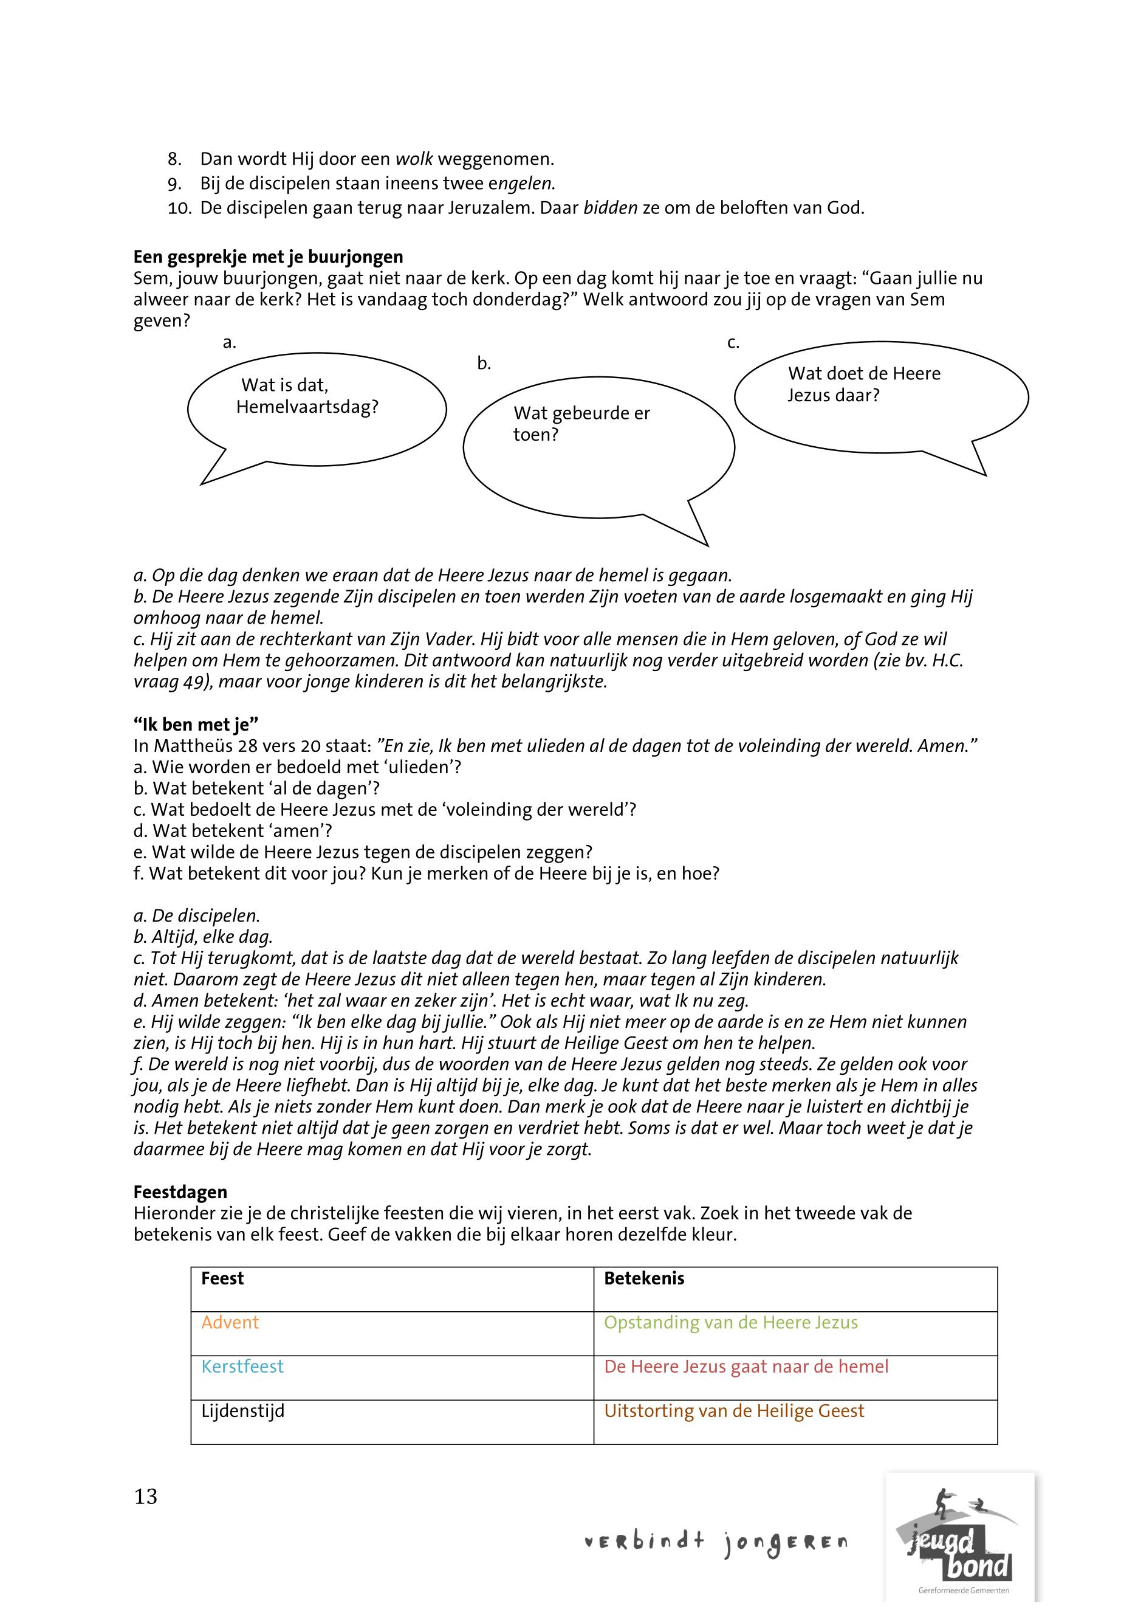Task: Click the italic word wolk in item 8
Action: coord(414,159)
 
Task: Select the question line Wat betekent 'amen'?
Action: coord(233,832)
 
